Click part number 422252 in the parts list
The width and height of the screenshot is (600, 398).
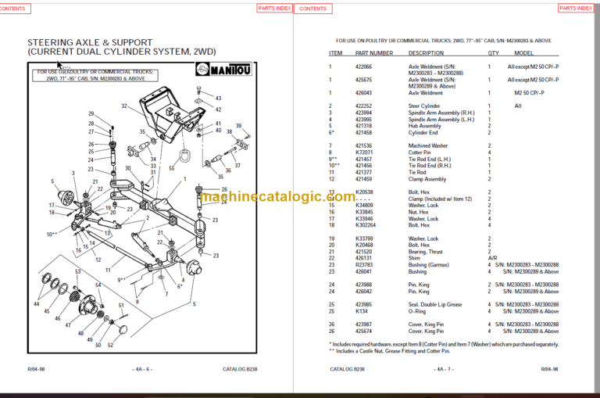364,106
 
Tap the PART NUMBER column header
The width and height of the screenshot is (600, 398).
373,53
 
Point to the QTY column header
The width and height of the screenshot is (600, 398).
493,53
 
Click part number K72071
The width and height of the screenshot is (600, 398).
364,152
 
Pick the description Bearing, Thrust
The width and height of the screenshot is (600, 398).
425,252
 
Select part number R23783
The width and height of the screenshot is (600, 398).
364,264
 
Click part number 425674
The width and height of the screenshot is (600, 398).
364,331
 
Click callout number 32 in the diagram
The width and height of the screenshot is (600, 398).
123,106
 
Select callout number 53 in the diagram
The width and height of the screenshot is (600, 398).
78,271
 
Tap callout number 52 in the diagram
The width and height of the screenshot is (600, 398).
110,345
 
